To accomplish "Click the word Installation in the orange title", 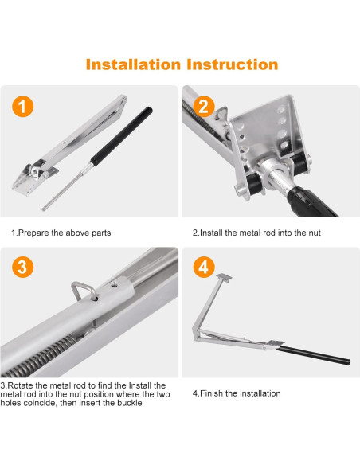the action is [133, 64].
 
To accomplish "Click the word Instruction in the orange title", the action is [233, 64].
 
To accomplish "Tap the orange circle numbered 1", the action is [23, 107].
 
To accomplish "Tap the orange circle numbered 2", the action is [204, 107].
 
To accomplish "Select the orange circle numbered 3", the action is [23, 268].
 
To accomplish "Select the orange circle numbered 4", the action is [204, 268].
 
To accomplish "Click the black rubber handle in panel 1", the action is [122, 136].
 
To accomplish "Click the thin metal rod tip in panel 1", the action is [44, 209].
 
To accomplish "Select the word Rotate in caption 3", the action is [20, 385].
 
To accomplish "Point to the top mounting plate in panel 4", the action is [224, 278].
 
